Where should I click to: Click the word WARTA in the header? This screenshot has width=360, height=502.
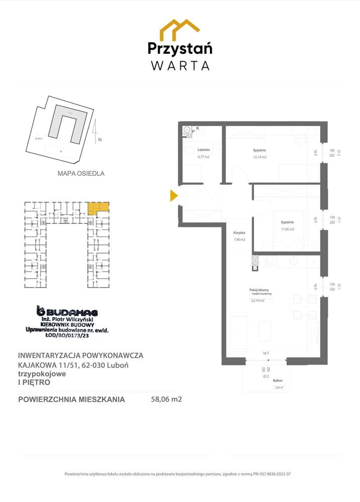(x=180, y=65)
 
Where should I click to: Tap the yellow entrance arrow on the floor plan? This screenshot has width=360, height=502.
(x=174, y=195)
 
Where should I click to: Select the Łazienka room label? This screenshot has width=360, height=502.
(x=203, y=150)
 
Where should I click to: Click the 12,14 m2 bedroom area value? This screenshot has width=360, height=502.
(x=260, y=157)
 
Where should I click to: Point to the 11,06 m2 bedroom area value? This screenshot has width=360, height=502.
(x=287, y=229)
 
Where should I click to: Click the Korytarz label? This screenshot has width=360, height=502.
(x=239, y=233)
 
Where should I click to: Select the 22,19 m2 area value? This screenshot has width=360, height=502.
(x=257, y=301)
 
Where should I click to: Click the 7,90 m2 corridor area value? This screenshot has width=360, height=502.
(x=239, y=240)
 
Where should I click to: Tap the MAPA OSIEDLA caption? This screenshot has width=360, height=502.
(x=81, y=174)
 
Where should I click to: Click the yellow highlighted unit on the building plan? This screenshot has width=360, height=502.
(x=97, y=206)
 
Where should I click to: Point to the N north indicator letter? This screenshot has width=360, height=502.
(x=99, y=140)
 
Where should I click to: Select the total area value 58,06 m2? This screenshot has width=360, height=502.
(x=166, y=400)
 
